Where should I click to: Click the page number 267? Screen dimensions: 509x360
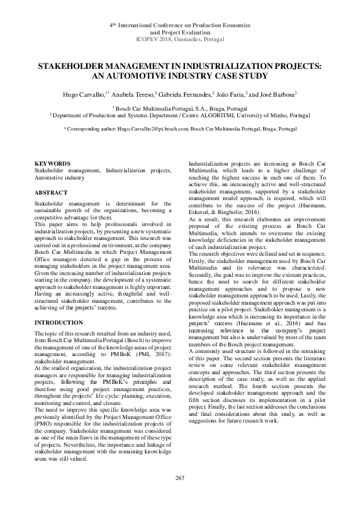[x=180, y=479]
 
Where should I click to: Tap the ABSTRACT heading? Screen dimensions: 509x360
[x=50, y=193]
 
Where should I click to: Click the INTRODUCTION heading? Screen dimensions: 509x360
[x=59, y=323]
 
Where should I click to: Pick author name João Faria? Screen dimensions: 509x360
[x=231, y=95]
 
